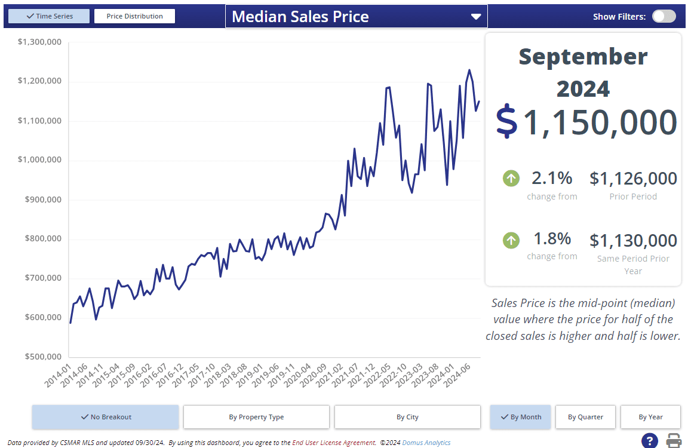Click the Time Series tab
pyautogui.click(x=50, y=16)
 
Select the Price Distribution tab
pyautogui.click(x=134, y=16)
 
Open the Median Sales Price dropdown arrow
pyautogui.click(x=476, y=17)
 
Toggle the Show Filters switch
pyautogui.click(x=664, y=16)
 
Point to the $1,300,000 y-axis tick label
pyautogui.click(x=40, y=42)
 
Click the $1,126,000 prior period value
pyautogui.click(x=633, y=179)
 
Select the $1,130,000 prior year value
pyautogui.click(x=633, y=241)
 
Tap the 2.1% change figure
pyautogui.click(x=552, y=178)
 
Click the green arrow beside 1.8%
pyautogui.click(x=511, y=240)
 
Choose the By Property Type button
pyautogui.click(x=256, y=417)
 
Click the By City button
pyautogui.click(x=407, y=417)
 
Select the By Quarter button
pyautogui.click(x=585, y=417)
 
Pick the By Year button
pyautogui.click(x=650, y=417)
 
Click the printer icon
pyautogui.click(x=674, y=441)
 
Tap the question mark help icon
pyautogui.click(x=649, y=441)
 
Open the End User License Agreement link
pyautogui.click(x=334, y=443)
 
